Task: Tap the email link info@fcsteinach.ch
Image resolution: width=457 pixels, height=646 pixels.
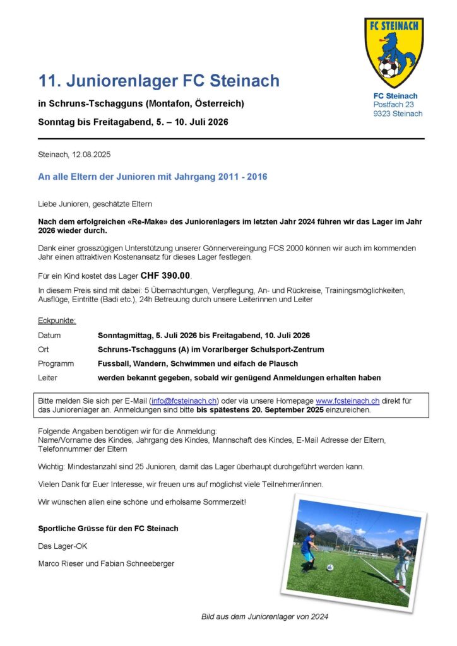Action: [x=184, y=401]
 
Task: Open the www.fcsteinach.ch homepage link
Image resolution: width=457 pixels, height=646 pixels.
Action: [x=347, y=401]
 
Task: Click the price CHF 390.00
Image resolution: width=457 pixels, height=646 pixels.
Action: [x=165, y=276]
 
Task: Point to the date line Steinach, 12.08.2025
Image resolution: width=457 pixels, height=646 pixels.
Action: [x=74, y=155]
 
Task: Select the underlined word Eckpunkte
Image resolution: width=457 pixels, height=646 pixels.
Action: [x=57, y=320]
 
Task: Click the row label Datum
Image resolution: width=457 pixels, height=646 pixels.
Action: [x=50, y=336]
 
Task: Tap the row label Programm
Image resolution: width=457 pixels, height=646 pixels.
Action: [x=56, y=363]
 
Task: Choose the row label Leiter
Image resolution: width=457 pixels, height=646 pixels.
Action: [x=48, y=377]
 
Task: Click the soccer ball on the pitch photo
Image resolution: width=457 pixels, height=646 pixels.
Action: [x=329, y=567]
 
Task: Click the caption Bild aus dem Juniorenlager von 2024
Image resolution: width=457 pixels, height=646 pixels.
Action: [x=264, y=616]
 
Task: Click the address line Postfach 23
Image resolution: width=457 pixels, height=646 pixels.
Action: [x=393, y=105]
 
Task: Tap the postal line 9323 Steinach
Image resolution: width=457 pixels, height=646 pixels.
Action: [x=398, y=114]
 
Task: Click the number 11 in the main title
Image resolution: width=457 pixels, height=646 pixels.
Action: [x=47, y=81]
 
